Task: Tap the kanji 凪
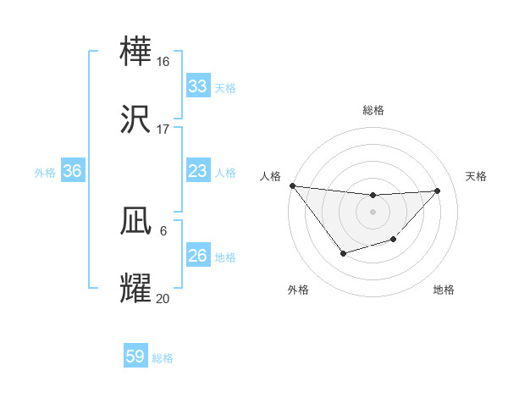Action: coord(136,221)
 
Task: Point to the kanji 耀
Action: coord(136,289)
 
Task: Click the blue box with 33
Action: coord(197,86)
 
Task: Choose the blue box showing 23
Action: coord(197,171)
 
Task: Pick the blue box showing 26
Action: coord(197,256)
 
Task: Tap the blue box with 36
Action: coord(72,171)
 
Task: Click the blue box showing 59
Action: coord(135,357)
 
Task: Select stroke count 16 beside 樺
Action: coord(163,61)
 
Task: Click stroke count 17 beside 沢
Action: coord(163,130)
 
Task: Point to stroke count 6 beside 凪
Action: coord(163,231)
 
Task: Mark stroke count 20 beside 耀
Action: coord(163,299)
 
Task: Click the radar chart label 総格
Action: coord(373,110)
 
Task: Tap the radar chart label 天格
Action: coord(477,176)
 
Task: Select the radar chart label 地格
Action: coord(444,290)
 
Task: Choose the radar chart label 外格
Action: coord(298,290)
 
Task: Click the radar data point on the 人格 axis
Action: coord(292,185)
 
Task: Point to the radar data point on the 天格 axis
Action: coord(438,191)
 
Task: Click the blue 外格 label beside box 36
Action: coord(45,172)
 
